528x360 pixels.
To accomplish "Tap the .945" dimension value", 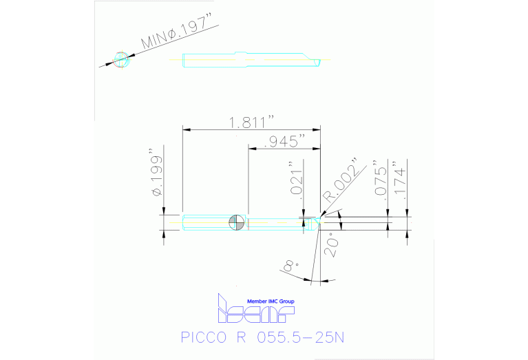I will (287, 142).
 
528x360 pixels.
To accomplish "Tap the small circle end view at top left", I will (121, 59).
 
